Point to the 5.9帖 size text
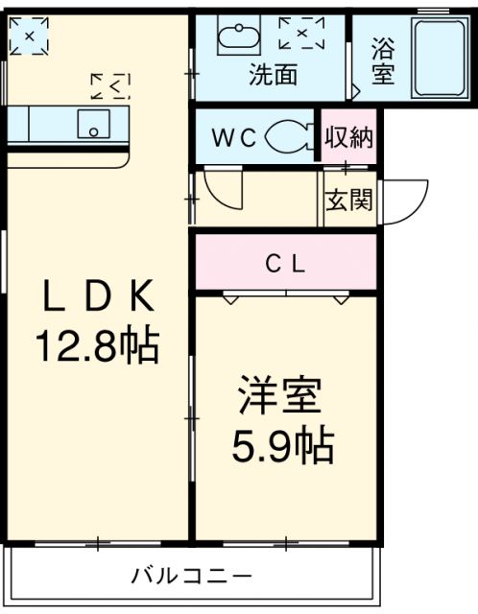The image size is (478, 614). click(x=284, y=443)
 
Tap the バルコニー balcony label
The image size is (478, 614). click(x=192, y=576)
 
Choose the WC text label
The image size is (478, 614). click(x=234, y=137)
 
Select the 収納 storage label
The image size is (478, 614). click(x=348, y=136)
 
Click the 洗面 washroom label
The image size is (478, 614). click(x=273, y=75)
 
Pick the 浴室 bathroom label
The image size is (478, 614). click(x=383, y=60)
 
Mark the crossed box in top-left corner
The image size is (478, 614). click(x=29, y=36)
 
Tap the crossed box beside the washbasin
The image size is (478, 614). click(x=301, y=34)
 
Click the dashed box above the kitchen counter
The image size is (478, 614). click(x=110, y=87)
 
